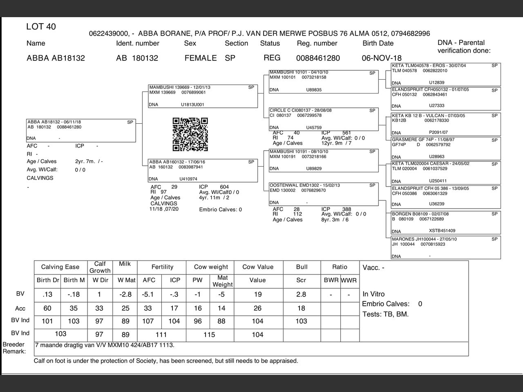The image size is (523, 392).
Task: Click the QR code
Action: tap(190, 134)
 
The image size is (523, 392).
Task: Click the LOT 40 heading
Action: tap(41, 27)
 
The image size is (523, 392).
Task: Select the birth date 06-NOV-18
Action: tap(382, 58)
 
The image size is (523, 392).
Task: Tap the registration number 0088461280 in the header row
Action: tap(318, 58)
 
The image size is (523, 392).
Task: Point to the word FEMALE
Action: tap(201, 58)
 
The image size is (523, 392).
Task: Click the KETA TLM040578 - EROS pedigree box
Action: tap(446, 74)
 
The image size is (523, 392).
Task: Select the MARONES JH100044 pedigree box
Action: tap(446, 247)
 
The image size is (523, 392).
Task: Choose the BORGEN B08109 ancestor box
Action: tap(446, 223)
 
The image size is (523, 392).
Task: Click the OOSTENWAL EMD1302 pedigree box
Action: tap(324, 194)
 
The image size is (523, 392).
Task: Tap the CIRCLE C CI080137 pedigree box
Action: tap(324, 119)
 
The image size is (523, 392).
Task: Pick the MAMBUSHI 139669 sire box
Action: tap(203, 96)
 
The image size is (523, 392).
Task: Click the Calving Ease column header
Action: tap(60, 267)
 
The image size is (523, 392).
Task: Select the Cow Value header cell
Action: tap(258, 267)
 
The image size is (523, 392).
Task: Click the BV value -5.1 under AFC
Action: tap(148, 294)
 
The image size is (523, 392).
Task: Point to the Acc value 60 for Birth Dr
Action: tap(47, 308)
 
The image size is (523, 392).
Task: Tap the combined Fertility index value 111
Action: tap(161, 335)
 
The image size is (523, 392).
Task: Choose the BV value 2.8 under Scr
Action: tap(301, 294)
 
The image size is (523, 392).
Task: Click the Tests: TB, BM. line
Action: tap(385, 314)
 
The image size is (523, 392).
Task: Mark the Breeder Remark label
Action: tap(14, 348)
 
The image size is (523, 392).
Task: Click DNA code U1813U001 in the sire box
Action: tap(192, 105)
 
